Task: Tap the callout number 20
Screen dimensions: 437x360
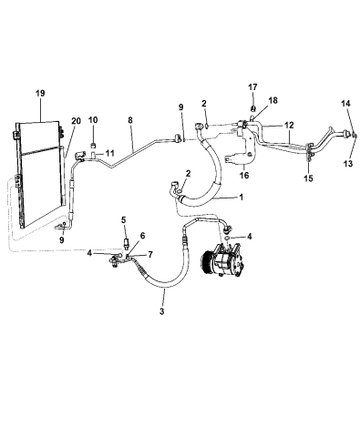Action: tap(75, 121)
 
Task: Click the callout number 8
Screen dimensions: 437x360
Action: tap(130, 119)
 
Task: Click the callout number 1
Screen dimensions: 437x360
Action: tap(241, 197)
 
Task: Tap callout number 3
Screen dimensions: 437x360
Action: tap(162, 312)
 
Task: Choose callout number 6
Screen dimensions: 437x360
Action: tap(142, 235)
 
